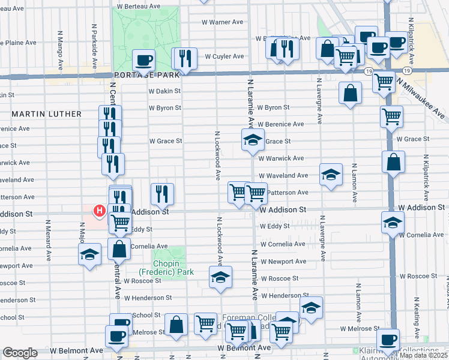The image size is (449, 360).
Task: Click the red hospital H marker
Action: tap(100, 211)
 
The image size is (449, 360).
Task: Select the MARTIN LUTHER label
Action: tap(46, 113)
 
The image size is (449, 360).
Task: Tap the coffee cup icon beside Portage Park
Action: tap(145, 60)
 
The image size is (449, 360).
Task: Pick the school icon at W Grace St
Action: tap(253, 140)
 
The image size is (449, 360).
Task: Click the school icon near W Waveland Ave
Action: tap(331, 175)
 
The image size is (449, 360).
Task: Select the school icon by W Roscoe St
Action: tap(220, 277)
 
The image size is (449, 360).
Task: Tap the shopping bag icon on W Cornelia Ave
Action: tap(119, 249)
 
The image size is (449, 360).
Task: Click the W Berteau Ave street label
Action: tap(139, 5)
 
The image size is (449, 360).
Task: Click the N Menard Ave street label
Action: tap(47, 239)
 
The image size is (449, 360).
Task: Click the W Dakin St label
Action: tap(164, 91)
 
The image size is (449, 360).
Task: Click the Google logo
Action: tap(20, 353)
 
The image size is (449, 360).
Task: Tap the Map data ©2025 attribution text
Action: tap(424, 355)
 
